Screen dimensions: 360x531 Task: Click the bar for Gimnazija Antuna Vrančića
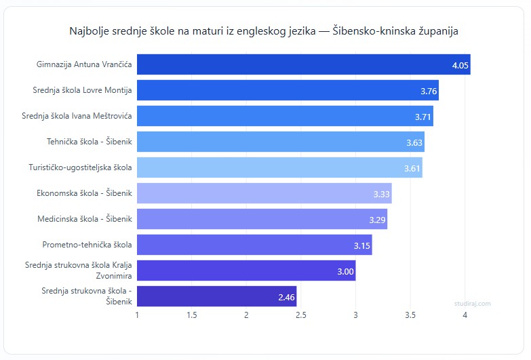304,65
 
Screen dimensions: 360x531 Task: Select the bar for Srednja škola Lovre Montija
288,90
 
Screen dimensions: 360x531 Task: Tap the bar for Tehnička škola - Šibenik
281,142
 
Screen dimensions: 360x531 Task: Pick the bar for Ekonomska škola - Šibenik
264,193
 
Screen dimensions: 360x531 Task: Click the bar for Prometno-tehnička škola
255,245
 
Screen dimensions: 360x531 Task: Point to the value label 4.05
460,66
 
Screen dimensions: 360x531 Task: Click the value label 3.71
423,117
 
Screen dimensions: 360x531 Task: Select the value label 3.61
412,168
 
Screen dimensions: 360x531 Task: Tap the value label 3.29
377,220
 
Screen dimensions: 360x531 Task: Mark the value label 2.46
287,297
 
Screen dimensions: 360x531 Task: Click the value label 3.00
346,271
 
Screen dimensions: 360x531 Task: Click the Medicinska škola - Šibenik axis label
85,219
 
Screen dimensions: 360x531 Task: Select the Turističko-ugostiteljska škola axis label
80,167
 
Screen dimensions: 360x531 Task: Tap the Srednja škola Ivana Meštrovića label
77,116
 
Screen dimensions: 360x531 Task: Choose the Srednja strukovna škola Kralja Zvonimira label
78,271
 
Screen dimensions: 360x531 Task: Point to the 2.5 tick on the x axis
301,315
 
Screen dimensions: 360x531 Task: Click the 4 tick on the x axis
465,315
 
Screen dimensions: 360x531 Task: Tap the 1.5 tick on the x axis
192,315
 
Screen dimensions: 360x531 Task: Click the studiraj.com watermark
473,304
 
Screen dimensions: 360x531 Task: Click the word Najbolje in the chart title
89,31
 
